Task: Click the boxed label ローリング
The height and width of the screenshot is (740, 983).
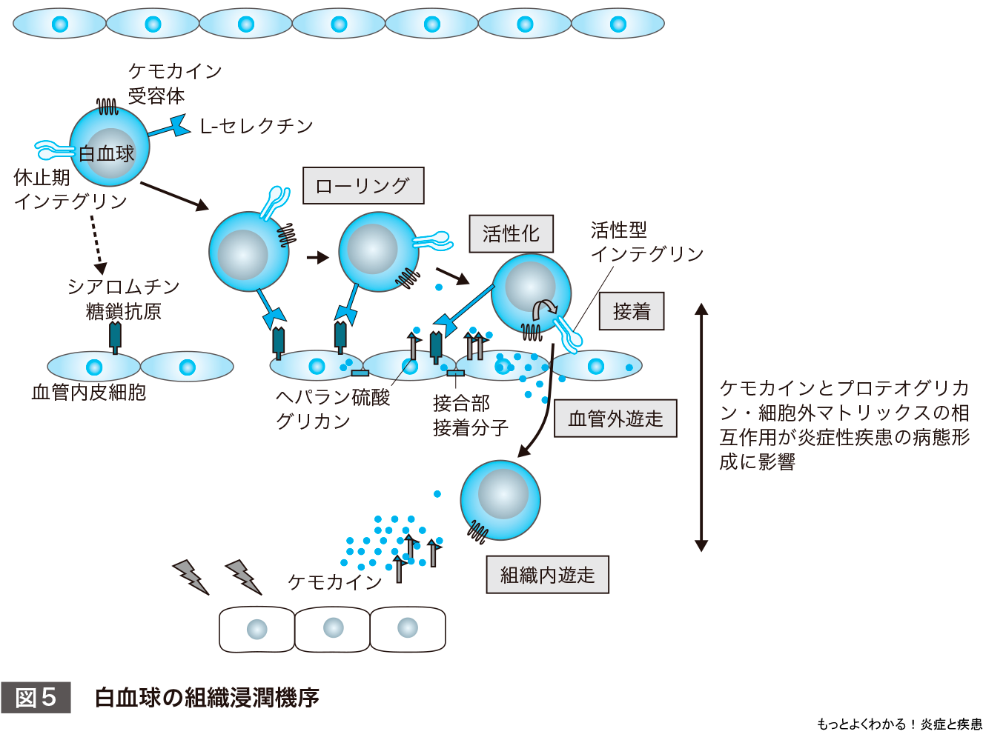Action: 363,186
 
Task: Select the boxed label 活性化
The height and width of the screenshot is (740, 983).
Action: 511,234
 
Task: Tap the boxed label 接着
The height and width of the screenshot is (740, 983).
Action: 632,311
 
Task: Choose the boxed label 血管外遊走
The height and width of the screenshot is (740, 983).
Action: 615,419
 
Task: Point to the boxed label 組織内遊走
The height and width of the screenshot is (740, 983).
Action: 547,575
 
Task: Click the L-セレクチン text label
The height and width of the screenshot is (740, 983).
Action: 256,127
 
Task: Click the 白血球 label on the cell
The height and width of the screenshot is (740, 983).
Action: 107,154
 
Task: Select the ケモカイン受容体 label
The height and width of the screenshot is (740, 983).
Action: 175,83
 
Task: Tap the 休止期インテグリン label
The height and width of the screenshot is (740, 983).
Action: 70,190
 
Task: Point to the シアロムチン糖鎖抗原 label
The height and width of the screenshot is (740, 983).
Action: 124,299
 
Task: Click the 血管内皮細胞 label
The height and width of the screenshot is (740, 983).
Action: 89,393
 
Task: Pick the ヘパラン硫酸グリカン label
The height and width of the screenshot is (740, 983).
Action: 332,409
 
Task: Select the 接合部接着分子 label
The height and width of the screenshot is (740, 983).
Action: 470,416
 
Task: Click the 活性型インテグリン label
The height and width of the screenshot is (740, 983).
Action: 646,242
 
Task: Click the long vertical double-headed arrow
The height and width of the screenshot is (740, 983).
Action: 701,427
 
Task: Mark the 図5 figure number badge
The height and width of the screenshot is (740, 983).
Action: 36,698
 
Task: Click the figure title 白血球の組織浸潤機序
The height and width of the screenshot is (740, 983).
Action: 207,698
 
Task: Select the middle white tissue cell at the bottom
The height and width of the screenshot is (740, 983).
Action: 333,630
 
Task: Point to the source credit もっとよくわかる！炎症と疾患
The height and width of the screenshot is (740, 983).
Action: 898,724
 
